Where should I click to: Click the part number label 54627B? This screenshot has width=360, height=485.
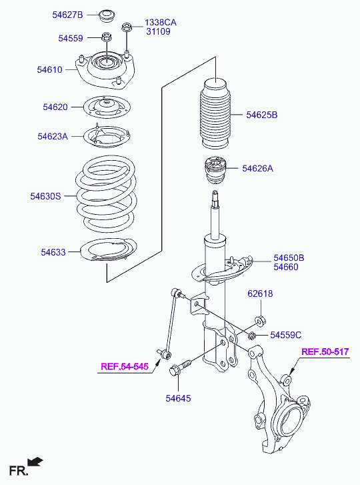coord(68,15)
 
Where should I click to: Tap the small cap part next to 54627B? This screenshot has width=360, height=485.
coord(107,16)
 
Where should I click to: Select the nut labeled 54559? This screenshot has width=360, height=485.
coord(107,37)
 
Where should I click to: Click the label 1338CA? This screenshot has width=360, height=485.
coord(161,23)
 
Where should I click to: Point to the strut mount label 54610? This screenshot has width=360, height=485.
coord(50,69)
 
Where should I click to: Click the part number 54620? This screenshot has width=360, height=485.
coord(55,107)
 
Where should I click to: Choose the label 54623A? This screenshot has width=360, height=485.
coord(53,136)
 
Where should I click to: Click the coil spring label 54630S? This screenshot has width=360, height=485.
coord(46,196)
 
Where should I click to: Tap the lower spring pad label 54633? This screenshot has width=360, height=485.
coord(53,252)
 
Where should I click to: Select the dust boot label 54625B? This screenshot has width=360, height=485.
coord(262,115)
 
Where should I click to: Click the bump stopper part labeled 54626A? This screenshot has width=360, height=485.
coord(216,170)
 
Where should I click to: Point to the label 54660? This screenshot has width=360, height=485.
coord(286,267)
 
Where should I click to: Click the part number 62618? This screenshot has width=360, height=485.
coord(260,294)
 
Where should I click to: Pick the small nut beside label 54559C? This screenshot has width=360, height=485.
coord(252,335)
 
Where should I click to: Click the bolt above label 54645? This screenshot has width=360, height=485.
coord(181,368)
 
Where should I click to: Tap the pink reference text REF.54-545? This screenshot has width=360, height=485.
coord(125,366)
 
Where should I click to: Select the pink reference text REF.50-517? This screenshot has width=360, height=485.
coord(325,352)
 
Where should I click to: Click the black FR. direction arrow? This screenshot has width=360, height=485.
coord(35,462)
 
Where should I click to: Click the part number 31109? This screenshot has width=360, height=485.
coord(158,31)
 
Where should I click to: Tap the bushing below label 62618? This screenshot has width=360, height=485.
coord(260,321)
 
